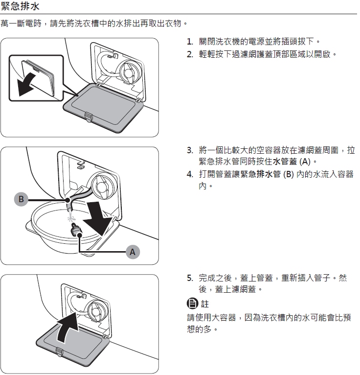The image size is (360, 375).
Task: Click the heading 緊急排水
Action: click(x=20, y=6)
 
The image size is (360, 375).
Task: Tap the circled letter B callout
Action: click(x=21, y=199)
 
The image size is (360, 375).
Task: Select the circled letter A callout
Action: click(x=133, y=252)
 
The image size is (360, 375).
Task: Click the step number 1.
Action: click(x=190, y=42)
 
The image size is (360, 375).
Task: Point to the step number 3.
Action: click(x=190, y=150)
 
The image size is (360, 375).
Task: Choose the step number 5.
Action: click(x=190, y=278)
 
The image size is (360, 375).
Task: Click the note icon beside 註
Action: click(x=192, y=304)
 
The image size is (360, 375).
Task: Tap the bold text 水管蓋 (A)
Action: click(x=292, y=162)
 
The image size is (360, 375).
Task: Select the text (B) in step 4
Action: click(x=288, y=174)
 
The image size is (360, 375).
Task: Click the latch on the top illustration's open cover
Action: click(x=89, y=117)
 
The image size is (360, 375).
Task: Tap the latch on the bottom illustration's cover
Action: click(x=60, y=352)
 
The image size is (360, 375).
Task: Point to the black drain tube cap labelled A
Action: click(x=76, y=229)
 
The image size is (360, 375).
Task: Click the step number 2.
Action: click(x=190, y=54)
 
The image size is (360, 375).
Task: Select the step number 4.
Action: click(x=190, y=174)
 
